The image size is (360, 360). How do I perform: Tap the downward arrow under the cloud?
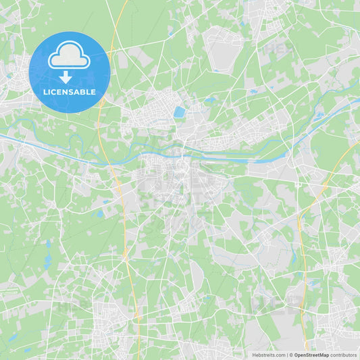pyautogui.click(x=66, y=77)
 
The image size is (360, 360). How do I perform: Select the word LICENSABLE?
pyautogui.click(x=70, y=92)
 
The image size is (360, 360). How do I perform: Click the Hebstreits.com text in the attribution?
pyautogui.click(x=269, y=355)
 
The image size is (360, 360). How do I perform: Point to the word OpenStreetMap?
pyautogui.click(x=311, y=355)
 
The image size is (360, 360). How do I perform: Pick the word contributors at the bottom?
pyautogui.click(x=343, y=355)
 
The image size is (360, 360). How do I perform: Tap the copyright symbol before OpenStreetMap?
pyautogui.click(x=291, y=355)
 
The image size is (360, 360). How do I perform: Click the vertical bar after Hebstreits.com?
pyautogui.click(x=286, y=355)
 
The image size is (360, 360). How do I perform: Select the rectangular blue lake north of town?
pyautogui.click(x=179, y=112)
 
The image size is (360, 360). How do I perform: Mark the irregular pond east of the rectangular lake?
pyautogui.click(x=210, y=101)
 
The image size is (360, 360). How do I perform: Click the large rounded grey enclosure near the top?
pyautogui.click(x=223, y=51)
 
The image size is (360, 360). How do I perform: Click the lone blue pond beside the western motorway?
pyautogui.click(x=100, y=213)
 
